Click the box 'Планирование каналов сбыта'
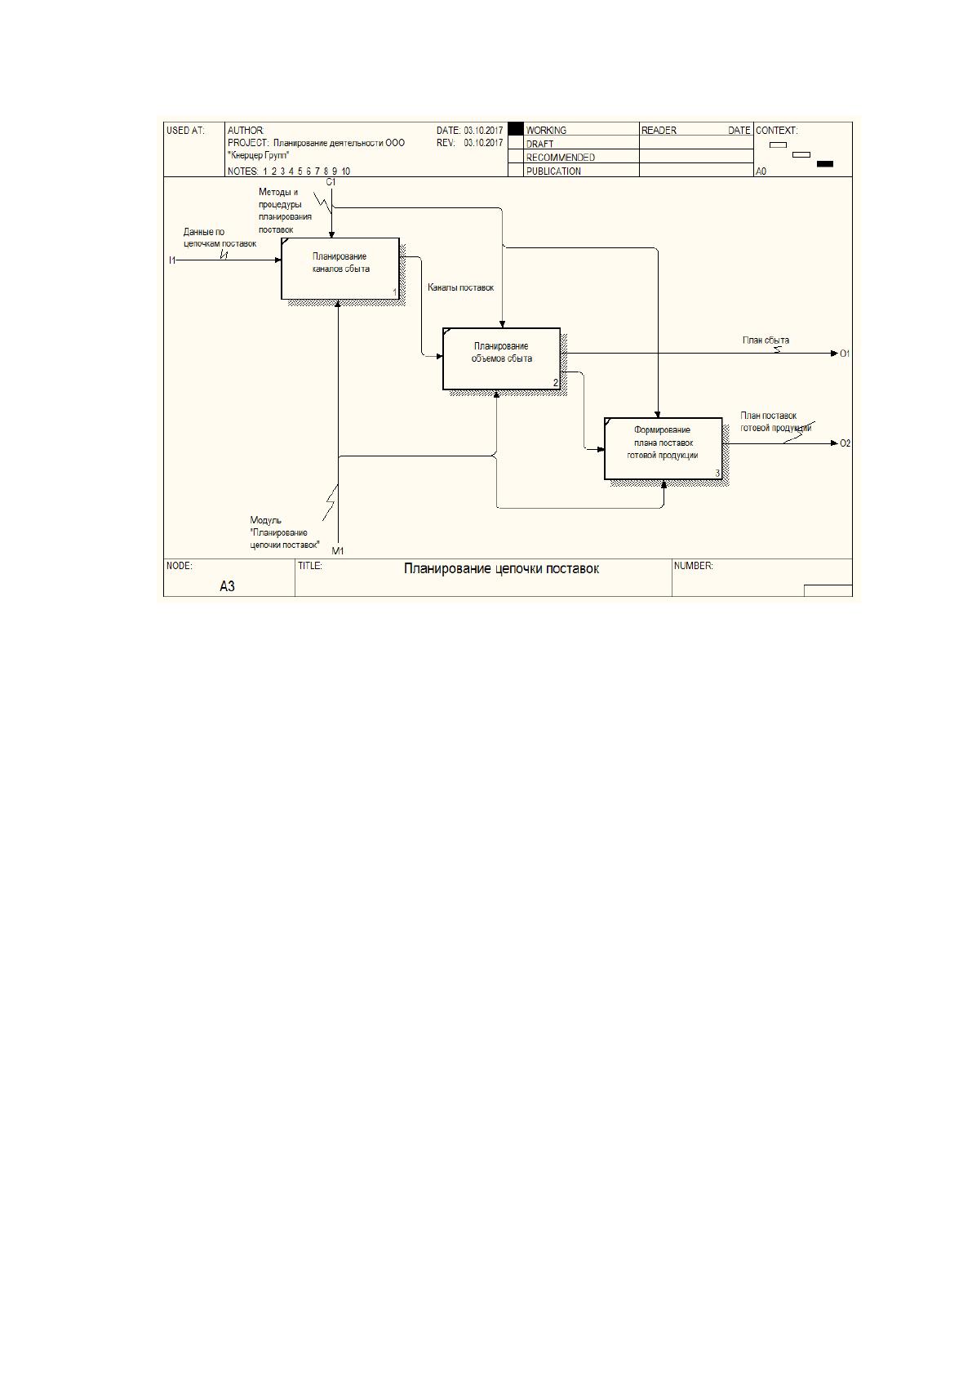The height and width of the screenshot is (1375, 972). tap(340, 269)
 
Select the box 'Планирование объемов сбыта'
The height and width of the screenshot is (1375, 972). tap(501, 358)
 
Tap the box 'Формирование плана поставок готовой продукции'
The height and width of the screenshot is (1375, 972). tap(663, 448)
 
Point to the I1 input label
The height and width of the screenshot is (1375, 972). tap(172, 260)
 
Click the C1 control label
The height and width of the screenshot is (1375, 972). tap(331, 182)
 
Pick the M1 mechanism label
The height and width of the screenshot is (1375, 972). tap(338, 550)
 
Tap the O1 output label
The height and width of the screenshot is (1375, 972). tap(845, 354)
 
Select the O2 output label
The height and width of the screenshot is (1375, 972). tap(845, 443)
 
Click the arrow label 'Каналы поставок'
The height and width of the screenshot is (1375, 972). tap(461, 287)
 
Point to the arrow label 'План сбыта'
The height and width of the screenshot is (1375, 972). tap(766, 340)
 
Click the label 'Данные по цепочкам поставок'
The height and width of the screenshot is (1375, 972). tap(220, 238)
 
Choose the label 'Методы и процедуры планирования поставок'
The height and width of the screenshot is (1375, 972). tap(285, 211)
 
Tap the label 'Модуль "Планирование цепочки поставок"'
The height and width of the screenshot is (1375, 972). tap(285, 532)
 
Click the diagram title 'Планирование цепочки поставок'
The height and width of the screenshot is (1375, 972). tap(501, 568)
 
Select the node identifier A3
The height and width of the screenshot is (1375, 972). tap(227, 586)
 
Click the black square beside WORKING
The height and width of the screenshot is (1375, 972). tap(516, 129)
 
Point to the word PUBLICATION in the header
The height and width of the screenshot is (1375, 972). tap(553, 171)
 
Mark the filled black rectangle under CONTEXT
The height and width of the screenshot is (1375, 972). tap(825, 164)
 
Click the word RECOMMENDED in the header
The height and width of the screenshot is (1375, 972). tap(560, 158)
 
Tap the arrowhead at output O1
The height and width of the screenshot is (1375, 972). tap(834, 354)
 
